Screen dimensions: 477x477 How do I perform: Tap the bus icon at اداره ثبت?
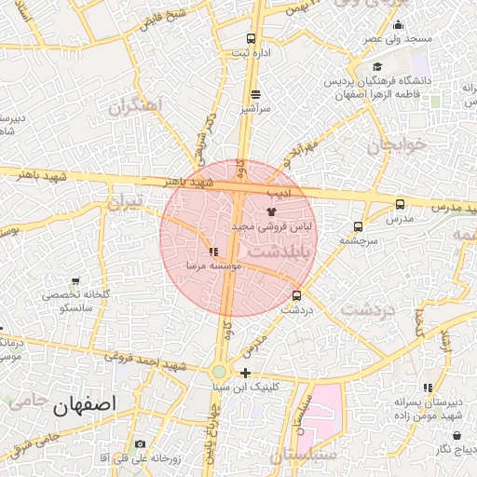[250, 38]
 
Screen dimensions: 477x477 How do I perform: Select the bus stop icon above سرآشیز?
[255, 94]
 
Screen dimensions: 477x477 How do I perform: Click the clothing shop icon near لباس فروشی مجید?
[271, 211]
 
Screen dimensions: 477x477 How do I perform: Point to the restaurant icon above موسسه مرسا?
[213, 252]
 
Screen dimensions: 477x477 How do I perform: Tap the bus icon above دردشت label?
[296, 295]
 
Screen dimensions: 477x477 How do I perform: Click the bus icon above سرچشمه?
[358, 226]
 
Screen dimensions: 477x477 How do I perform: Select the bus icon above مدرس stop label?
[400, 204]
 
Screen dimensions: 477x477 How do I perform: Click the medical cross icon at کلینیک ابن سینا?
[245, 373]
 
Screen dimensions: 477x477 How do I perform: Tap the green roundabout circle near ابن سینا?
[219, 371]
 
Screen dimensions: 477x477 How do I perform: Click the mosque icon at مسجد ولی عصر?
[398, 24]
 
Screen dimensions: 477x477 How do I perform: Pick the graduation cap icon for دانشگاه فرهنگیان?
[378, 67]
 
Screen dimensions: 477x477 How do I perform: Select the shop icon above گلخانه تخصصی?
[75, 281]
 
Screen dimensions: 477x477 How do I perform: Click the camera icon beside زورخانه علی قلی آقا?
[140, 444]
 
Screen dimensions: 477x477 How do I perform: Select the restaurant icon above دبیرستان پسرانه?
[428, 388]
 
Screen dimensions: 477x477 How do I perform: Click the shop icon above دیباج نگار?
[457, 435]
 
